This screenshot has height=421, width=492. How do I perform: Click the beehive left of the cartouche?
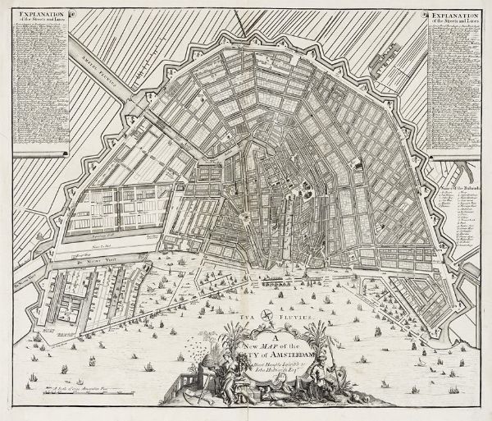[204, 367]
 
